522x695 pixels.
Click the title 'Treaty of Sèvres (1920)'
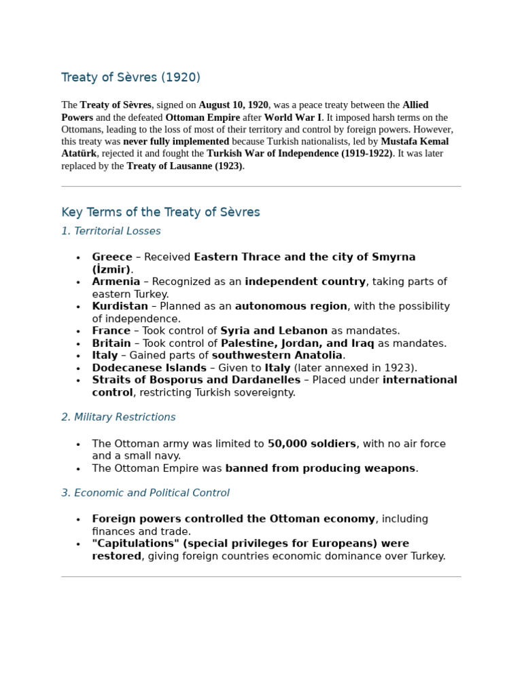130,77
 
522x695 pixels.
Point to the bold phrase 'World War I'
293,117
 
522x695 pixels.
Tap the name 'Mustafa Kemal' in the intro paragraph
415,142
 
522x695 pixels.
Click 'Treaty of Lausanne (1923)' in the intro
184,166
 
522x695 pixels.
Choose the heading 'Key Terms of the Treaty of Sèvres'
160,212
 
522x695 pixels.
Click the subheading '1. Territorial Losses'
111,231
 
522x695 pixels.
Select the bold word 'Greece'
112,257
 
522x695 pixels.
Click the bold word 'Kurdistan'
120,306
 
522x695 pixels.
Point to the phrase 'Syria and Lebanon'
274,331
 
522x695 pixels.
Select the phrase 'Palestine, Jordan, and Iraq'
298,343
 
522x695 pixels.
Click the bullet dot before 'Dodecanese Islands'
78,369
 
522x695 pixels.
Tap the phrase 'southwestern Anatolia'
277,356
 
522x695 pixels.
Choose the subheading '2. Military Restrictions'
118,417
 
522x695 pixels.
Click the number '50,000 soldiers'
311,444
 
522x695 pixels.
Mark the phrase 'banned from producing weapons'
320,468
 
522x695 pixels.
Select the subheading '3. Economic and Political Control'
145,493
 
